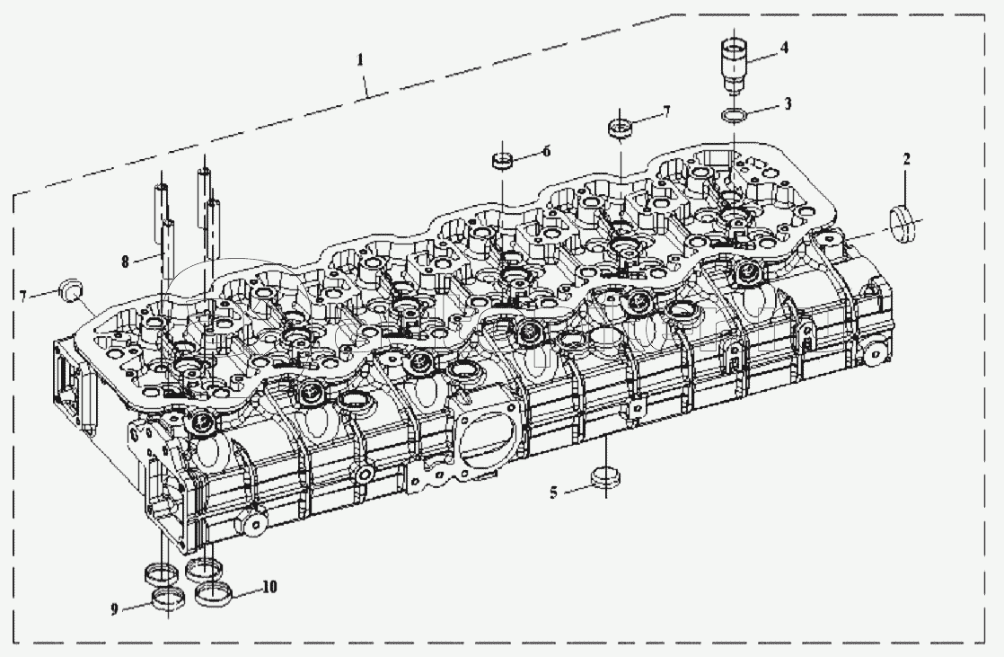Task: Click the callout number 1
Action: click(x=360, y=59)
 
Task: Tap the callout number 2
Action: click(x=907, y=160)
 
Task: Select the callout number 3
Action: click(x=788, y=103)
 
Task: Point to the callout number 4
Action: click(x=784, y=48)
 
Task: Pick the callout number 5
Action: click(x=553, y=493)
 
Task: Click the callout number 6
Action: click(x=546, y=151)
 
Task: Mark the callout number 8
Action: click(x=126, y=261)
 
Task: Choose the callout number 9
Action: click(x=115, y=609)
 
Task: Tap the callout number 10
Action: click(x=269, y=587)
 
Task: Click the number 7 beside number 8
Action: click(x=23, y=296)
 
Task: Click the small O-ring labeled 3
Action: click(x=733, y=116)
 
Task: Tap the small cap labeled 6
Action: click(x=502, y=160)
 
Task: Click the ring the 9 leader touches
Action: click(x=168, y=599)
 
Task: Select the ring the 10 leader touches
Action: click(x=212, y=594)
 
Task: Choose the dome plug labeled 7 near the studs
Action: click(x=70, y=289)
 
